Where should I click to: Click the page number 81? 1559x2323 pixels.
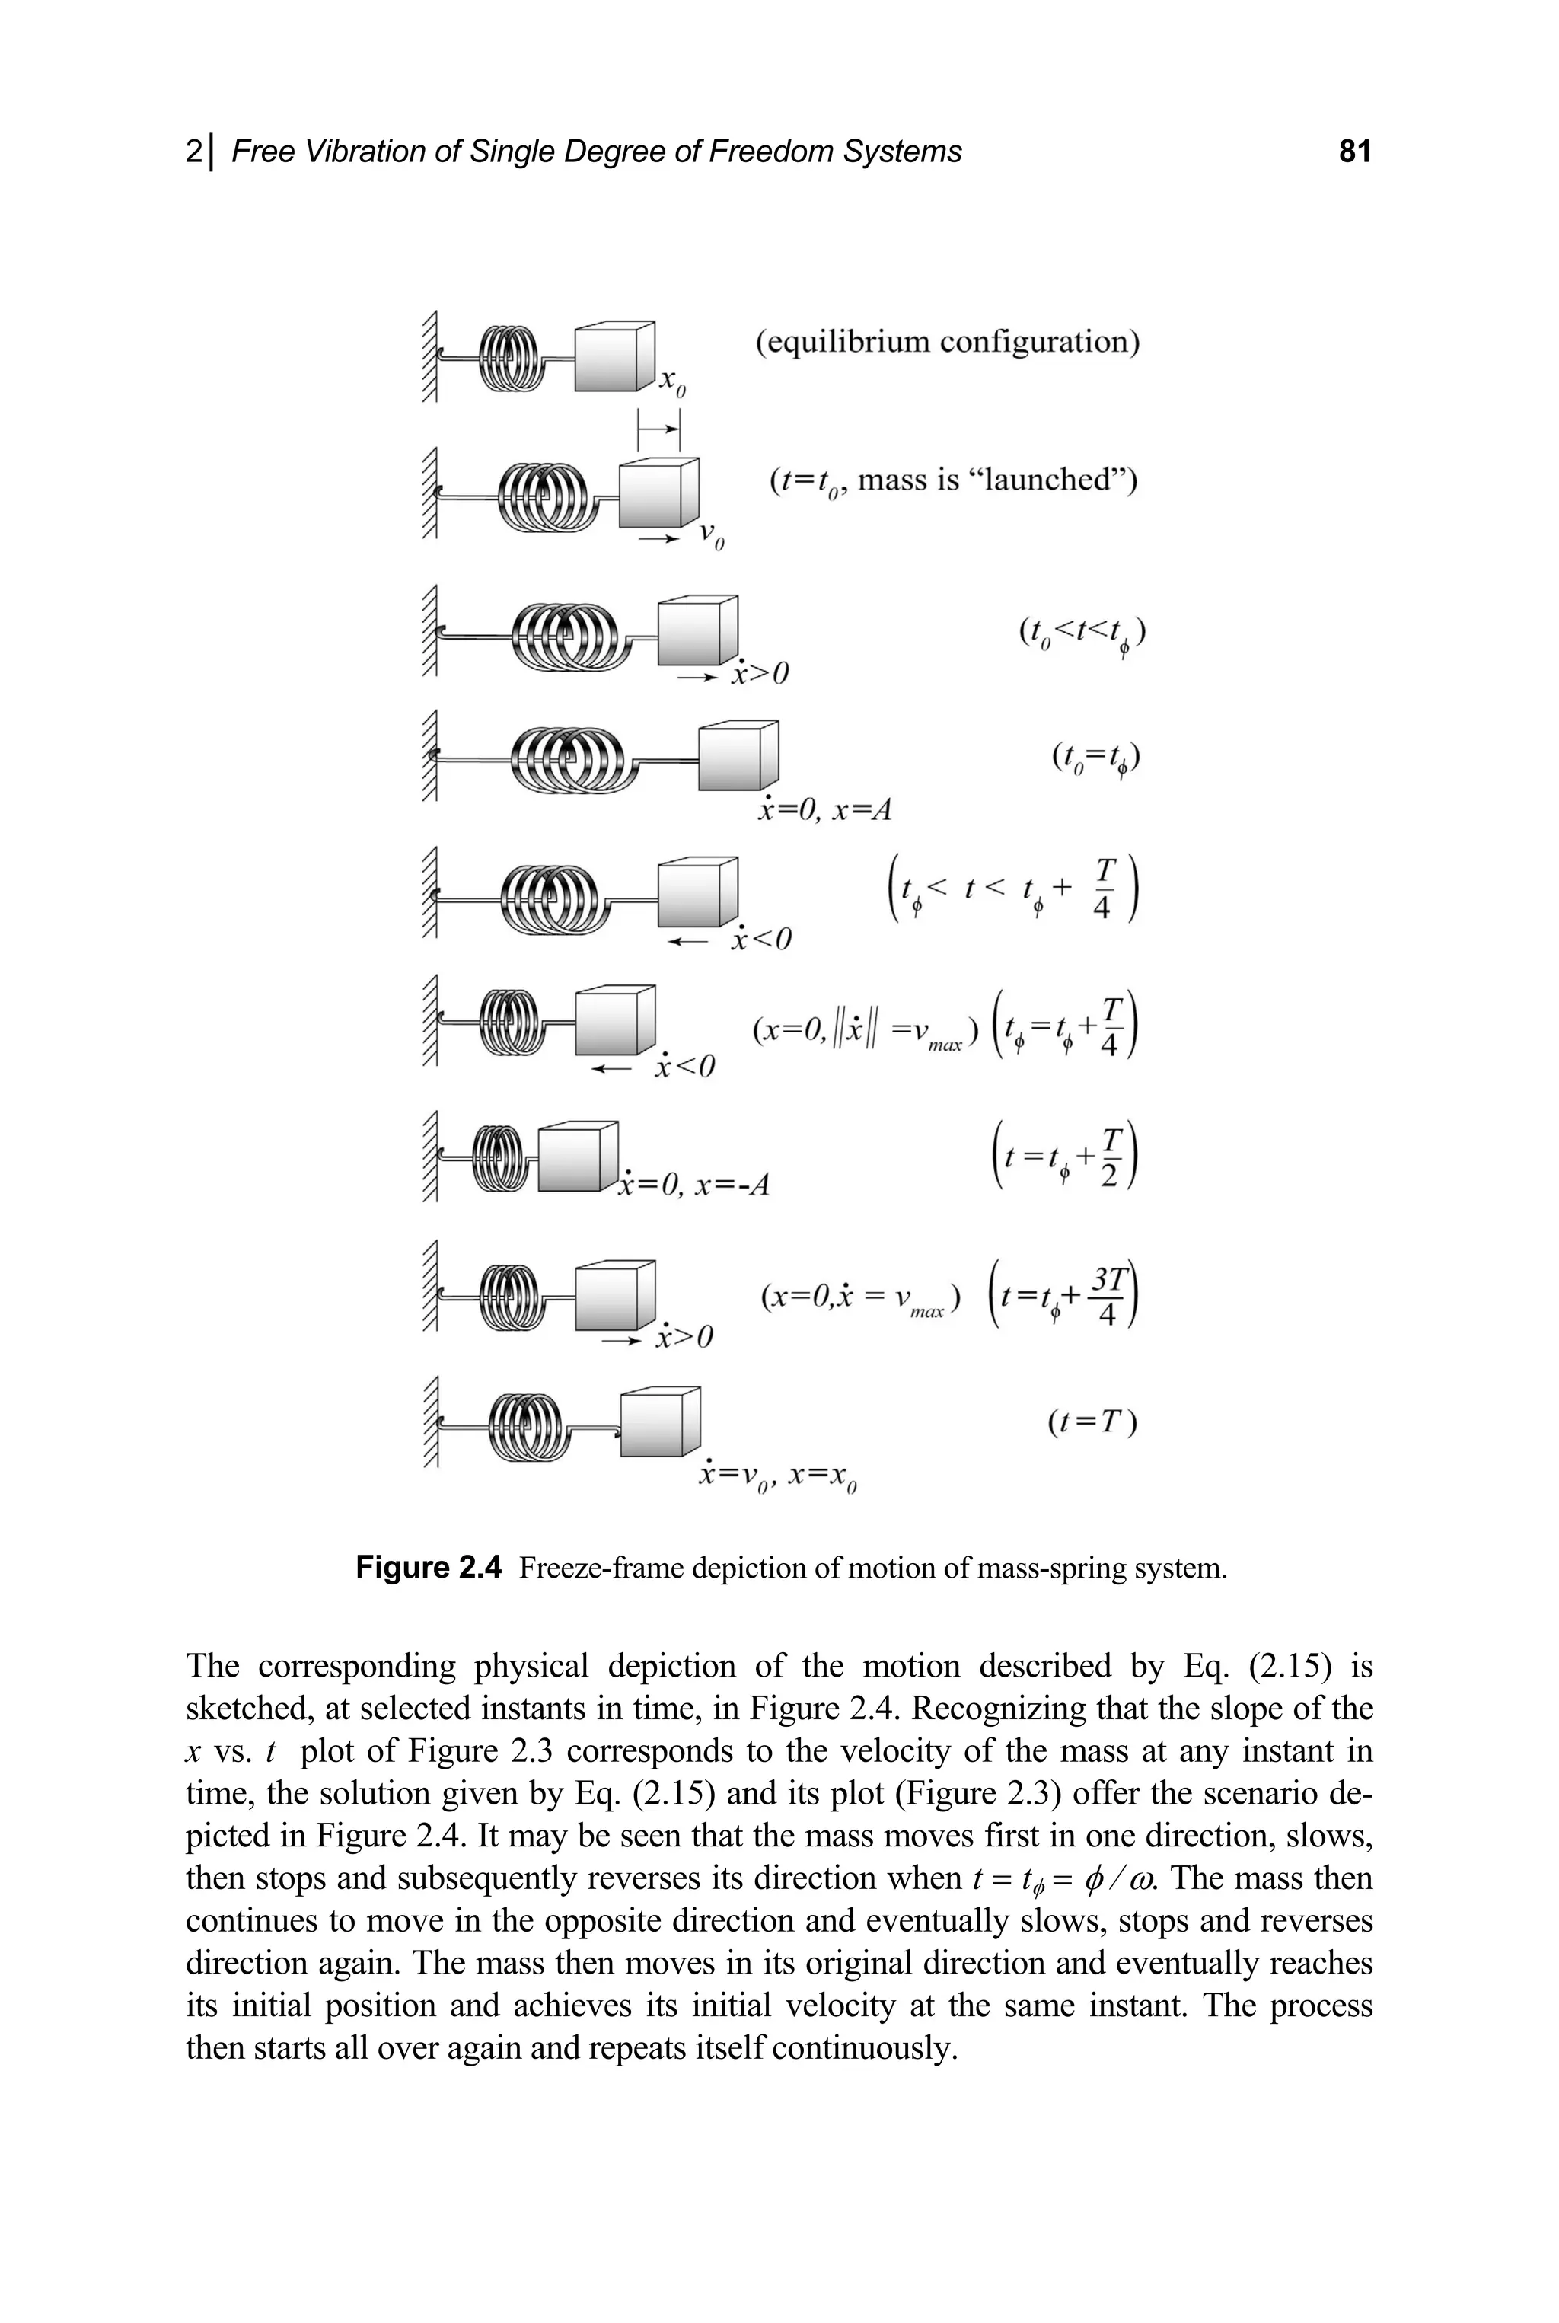1354,152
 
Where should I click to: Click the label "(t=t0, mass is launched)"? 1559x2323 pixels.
952,481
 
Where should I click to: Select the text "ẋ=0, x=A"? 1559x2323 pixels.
824,810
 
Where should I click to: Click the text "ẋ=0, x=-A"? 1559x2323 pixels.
694,1185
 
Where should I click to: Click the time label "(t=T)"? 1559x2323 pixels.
1092,1423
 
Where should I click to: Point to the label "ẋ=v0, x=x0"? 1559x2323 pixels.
777,1477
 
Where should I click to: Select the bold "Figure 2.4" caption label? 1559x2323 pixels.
429,1569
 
